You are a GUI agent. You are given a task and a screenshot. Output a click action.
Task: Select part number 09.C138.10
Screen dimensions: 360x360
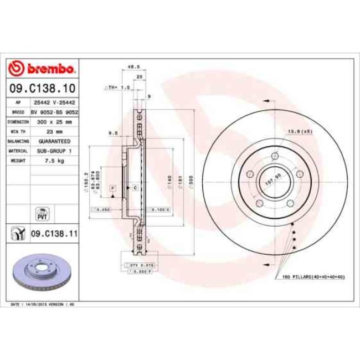(x=42, y=88)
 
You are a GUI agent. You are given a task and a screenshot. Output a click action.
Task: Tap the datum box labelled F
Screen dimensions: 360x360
(x=112, y=189)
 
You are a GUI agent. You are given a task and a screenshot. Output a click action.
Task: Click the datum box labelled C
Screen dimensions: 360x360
(x=135, y=189)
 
